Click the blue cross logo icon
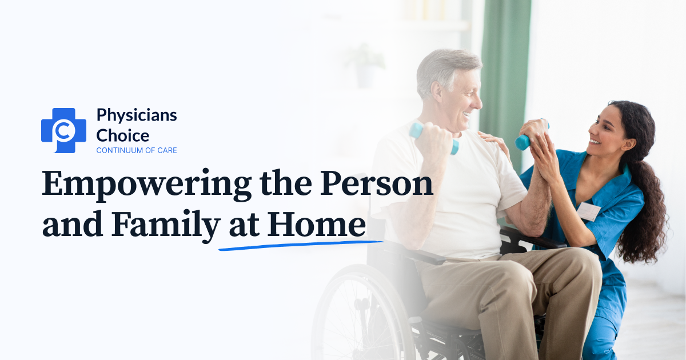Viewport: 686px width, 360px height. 63,130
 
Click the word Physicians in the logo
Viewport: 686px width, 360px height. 137,115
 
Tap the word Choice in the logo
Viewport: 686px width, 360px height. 122,135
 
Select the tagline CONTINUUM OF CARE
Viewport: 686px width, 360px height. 137,150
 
